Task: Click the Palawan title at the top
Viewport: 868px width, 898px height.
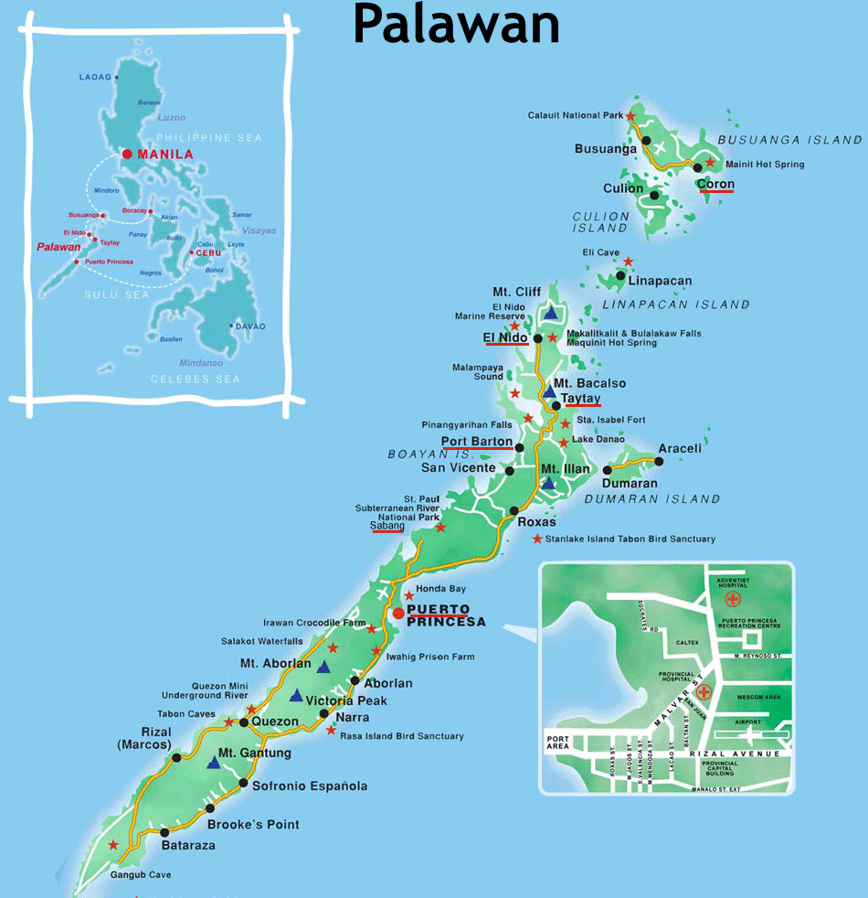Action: [456, 25]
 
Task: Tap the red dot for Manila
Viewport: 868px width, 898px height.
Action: [127, 154]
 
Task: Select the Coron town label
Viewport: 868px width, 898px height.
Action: [715, 184]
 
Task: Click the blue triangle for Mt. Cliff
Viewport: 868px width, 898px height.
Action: [550, 313]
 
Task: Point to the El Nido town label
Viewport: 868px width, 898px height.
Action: [506, 337]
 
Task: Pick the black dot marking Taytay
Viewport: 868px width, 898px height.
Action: [556, 405]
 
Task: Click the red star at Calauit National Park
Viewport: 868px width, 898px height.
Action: [630, 116]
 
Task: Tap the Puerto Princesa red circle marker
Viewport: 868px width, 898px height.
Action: [398, 613]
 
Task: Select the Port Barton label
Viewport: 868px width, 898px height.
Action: [477, 442]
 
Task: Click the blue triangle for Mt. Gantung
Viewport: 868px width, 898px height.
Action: [213, 762]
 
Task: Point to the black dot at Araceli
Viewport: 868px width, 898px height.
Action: [659, 461]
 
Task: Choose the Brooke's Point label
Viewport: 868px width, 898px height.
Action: [253, 824]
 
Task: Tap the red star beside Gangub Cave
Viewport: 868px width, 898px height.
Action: [113, 845]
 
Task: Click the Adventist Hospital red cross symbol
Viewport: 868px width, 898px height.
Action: [732, 599]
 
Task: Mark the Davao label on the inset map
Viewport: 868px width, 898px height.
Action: [250, 326]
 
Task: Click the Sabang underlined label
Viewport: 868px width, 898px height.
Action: [386, 526]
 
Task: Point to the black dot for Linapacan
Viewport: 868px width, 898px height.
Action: [620, 275]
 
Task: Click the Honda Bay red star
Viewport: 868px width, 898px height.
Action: [408, 595]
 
